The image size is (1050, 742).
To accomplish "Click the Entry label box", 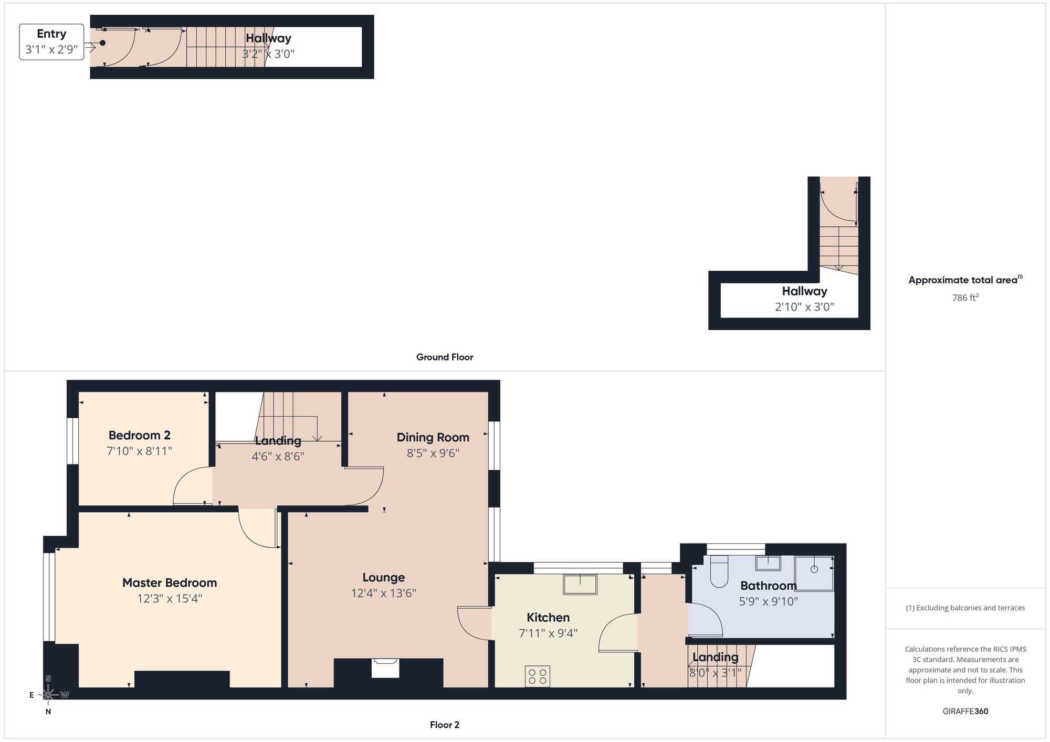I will click(51, 42).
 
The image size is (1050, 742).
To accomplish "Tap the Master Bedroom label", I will click(170, 582).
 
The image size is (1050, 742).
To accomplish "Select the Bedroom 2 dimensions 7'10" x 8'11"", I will click(140, 451).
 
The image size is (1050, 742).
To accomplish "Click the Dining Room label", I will click(433, 437).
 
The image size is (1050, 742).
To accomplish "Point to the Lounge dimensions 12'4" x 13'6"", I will click(383, 593).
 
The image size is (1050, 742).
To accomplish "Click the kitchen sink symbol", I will click(580, 585).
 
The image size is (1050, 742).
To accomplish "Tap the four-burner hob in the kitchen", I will click(537, 676).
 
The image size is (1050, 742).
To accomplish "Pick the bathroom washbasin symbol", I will click(768, 563).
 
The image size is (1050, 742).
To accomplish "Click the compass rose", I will click(48, 695).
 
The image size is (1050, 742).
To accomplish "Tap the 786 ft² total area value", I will click(965, 298).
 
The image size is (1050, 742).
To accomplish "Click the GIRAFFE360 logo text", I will click(965, 712).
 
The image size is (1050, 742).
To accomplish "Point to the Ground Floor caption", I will click(445, 357).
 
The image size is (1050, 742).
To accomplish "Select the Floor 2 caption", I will click(445, 725).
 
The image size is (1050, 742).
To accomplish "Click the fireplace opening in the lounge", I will click(385, 669).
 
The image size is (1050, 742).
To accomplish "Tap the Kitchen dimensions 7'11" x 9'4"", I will click(548, 633).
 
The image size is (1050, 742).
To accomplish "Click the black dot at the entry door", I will click(103, 43).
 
